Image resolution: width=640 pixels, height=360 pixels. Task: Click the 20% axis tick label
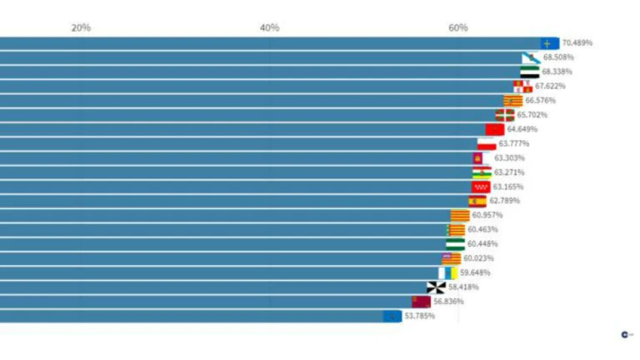[81, 27]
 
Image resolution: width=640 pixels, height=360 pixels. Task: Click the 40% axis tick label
[269, 27]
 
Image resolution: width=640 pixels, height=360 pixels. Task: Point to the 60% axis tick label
[457, 27]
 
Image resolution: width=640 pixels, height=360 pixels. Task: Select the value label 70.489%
[577, 42]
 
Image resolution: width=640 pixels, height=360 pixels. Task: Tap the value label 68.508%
[558, 57]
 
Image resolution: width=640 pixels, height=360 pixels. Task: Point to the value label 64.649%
[522, 129]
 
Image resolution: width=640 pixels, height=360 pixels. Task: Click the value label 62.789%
[504, 201]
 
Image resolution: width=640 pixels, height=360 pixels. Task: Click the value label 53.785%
[419, 316]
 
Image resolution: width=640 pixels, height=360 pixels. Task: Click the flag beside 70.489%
[549, 43]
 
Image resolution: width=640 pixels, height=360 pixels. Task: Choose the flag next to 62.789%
[477, 201]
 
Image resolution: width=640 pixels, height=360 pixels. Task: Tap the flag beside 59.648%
[448, 272]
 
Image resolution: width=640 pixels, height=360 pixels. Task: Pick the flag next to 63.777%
[487, 144]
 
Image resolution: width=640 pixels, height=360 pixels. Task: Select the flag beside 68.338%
[530, 72]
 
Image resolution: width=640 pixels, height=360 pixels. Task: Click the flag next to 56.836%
[421, 301]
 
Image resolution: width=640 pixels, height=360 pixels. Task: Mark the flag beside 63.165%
[481, 187]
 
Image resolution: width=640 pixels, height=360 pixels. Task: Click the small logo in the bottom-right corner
[626, 334]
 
